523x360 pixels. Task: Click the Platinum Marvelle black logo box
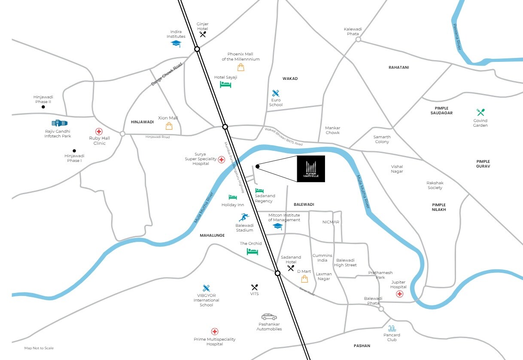(311, 169)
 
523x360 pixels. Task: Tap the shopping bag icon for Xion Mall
(169, 126)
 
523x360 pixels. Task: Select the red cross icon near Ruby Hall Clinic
(99, 132)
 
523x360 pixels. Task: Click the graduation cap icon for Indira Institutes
(176, 44)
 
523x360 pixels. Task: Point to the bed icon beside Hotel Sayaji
(225, 85)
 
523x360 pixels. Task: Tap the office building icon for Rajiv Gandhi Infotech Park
(60, 123)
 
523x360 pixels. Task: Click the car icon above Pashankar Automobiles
(269, 317)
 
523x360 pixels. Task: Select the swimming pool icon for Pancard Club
(392, 328)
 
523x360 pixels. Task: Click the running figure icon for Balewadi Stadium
(244, 217)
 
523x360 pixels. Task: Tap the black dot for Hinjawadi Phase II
(43, 107)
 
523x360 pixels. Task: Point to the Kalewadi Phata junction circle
(358, 40)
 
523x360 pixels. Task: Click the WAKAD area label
(290, 79)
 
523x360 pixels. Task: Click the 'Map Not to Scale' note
(39, 348)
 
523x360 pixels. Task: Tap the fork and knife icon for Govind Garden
(480, 112)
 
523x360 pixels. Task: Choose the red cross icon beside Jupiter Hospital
(399, 294)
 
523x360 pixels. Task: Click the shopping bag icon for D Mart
(304, 279)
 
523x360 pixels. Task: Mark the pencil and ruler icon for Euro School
(276, 93)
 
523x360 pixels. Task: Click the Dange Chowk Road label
(167, 74)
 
